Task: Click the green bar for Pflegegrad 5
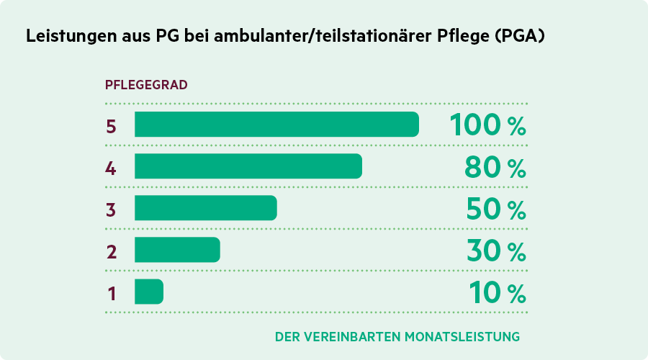(x=276, y=125)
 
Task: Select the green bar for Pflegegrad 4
(x=248, y=166)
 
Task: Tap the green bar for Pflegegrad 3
(x=205, y=208)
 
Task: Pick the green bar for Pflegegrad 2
(x=177, y=250)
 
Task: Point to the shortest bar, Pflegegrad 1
(x=149, y=292)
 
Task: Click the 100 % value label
(x=487, y=125)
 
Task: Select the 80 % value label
(x=493, y=167)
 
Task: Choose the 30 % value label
(x=495, y=251)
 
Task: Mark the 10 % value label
(x=497, y=292)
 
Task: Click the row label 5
(x=111, y=126)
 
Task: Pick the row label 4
(x=111, y=168)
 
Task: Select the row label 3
(x=111, y=210)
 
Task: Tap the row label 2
(x=111, y=251)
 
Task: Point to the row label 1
(x=112, y=293)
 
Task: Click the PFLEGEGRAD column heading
(x=146, y=84)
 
